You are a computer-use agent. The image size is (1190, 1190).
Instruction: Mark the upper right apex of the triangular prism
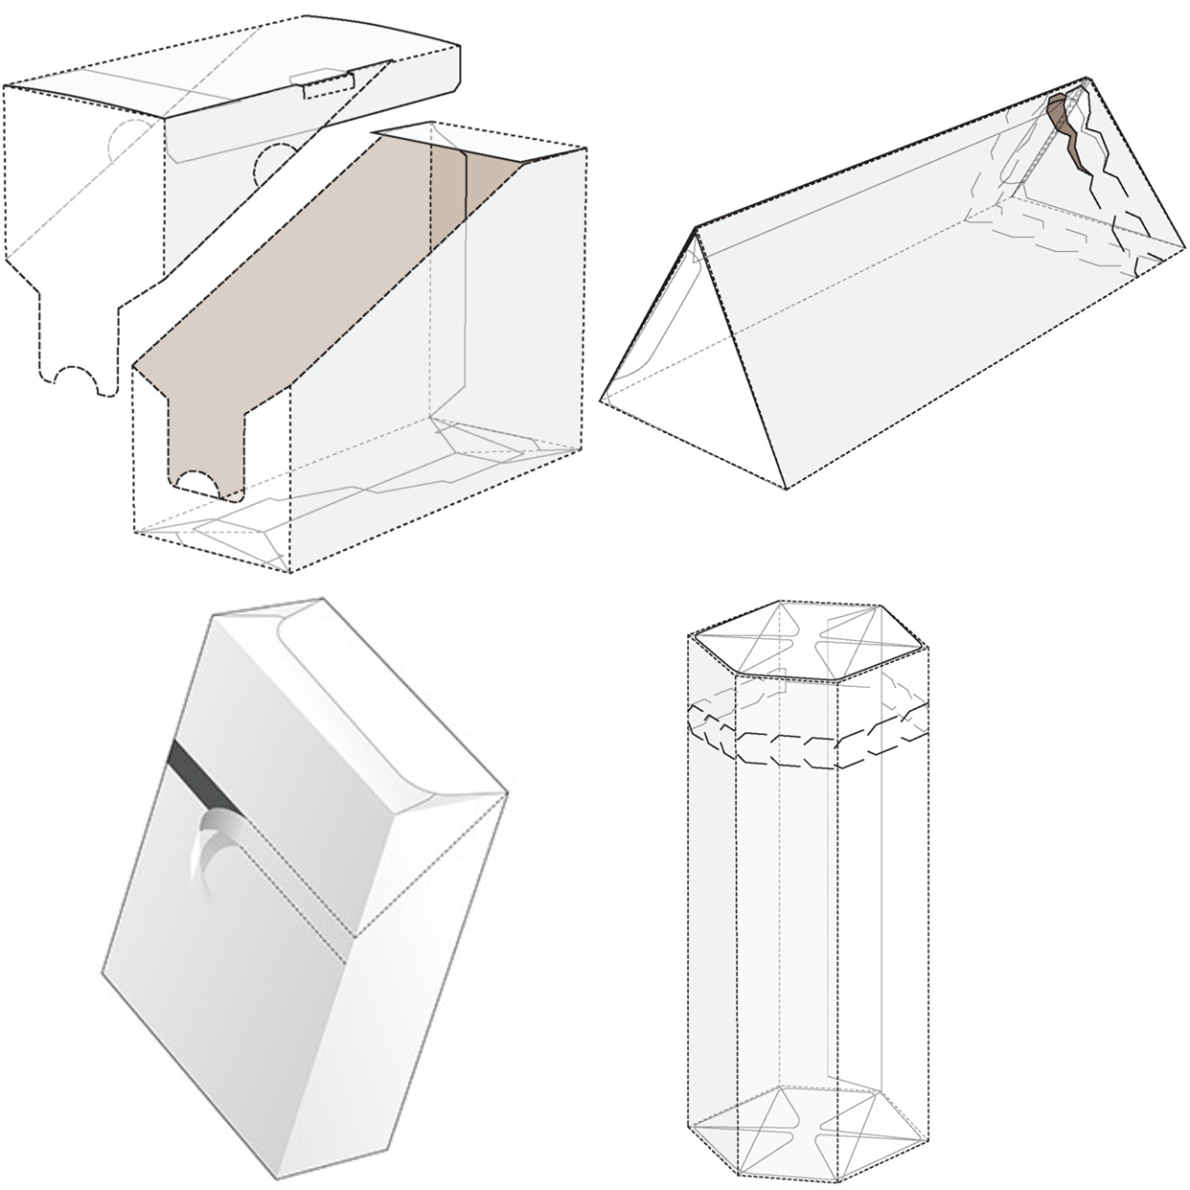(1087, 79)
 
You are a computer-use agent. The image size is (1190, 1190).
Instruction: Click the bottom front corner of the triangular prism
(786, 489)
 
